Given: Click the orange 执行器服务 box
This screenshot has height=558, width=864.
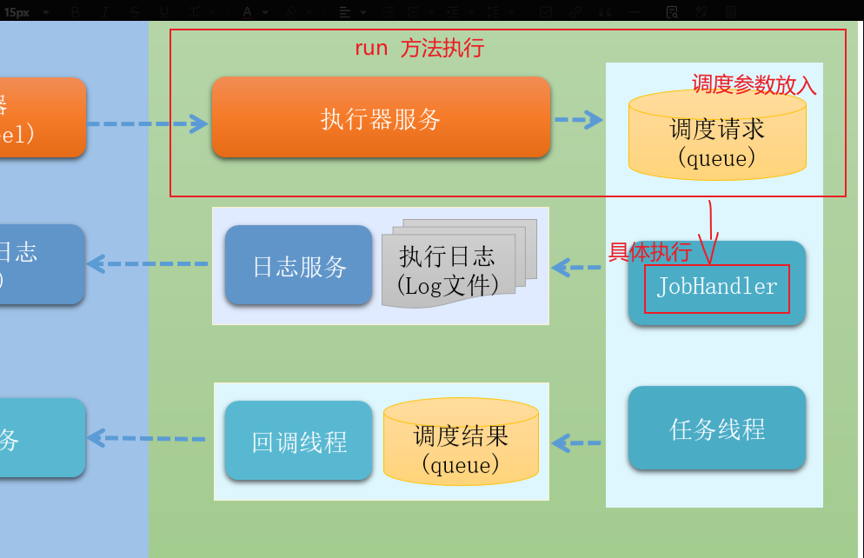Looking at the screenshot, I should pyautogui.click(x=381, y=117).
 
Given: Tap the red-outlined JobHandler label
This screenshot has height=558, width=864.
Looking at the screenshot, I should pyautogui.click(x=716, y=288).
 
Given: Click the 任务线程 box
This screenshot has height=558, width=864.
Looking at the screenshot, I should pyautogui.click(x=716, y=428).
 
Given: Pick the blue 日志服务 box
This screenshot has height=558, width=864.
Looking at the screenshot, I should pyautogui.click(x=299, y=265).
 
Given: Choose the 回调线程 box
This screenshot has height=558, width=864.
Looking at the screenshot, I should pyautogui.click(x=298, y=441).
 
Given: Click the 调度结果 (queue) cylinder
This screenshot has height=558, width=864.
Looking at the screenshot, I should pyautogui.click(x=461, y=443).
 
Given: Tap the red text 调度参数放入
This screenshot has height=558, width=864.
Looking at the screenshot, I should pyautogui.click(x=754, y=84).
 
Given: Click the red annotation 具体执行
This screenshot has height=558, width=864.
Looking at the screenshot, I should pyautogui.click(x=649, y=252).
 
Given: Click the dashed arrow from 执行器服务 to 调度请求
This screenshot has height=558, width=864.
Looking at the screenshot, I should pyautogui.click(x=579, y=119).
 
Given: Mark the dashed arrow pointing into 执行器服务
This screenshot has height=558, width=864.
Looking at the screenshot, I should pyautogui.click(x=148, y=123).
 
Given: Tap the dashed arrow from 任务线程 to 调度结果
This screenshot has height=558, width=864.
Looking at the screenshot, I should pyautogui.click(x=576, y=443).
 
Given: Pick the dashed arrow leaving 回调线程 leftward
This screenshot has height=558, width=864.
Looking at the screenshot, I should pyautogui.click(x=148, y=438).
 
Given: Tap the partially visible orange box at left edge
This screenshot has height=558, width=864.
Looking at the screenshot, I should pyautogui.click(x=43, y=117).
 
